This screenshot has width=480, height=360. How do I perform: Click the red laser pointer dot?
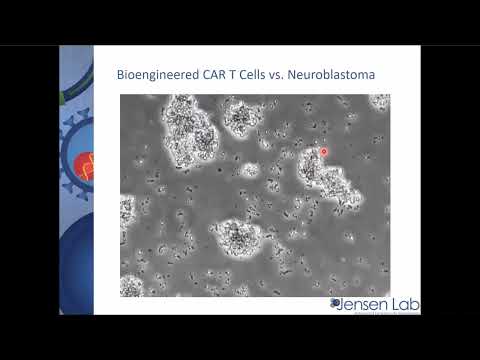324,151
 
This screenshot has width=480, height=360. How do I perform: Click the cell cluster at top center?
240,117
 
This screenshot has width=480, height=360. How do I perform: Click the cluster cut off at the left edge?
126,210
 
